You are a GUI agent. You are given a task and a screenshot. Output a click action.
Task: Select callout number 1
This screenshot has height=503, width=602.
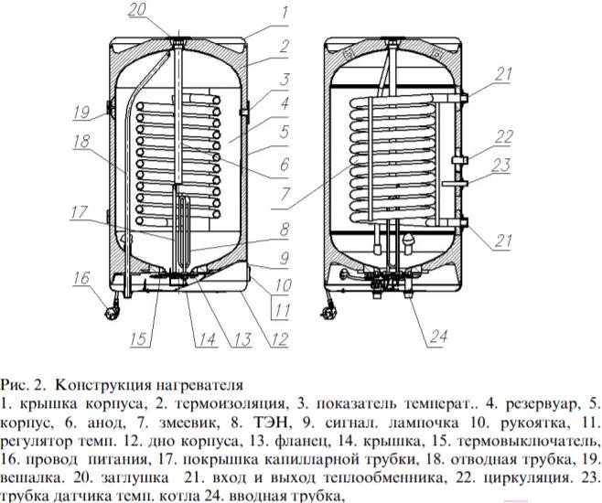(285, 13)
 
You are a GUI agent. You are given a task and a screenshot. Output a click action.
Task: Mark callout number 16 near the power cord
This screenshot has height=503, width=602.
(80, 277)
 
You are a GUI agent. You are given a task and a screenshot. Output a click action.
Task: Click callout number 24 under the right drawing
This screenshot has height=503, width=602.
(438, 337)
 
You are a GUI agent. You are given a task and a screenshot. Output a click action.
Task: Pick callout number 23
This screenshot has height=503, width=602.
(502, 166)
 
